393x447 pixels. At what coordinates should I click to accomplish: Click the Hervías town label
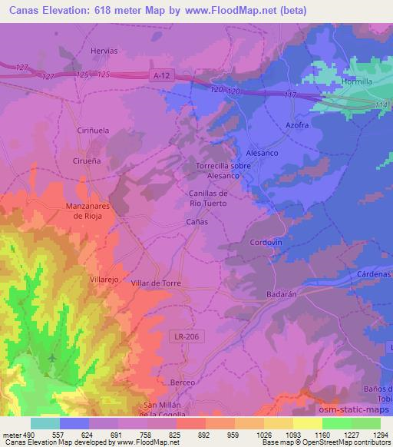click(x=104, y=50)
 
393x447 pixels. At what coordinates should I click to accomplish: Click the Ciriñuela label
click(x=92, y=131)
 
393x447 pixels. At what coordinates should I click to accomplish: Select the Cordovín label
click(x=267, y=243)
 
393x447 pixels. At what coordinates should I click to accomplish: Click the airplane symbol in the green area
click(x=52, y=358)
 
